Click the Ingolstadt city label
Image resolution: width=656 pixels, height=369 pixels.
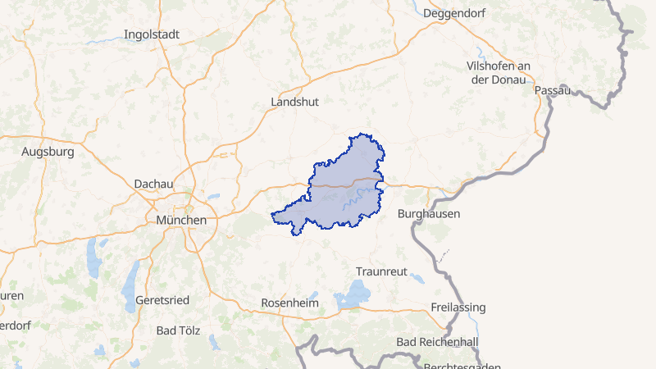[151, 34]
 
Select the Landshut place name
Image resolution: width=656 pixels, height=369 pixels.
[294, 102]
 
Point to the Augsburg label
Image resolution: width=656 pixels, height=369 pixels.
[48, 152]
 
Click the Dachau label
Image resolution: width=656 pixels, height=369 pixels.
[153, 184]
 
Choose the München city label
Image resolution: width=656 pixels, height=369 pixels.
[180, 221]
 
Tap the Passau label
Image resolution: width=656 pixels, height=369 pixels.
[553, 90]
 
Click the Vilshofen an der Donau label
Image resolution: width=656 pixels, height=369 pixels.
[499, 72]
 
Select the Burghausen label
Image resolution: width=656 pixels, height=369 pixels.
[428, 213]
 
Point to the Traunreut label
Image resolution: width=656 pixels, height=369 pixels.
[381, 271]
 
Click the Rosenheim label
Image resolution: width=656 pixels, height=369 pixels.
[289, 303]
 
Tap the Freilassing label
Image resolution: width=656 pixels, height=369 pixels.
[458, 307]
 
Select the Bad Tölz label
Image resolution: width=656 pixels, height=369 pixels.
[177, 330]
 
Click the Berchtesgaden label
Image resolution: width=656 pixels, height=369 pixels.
[462, 365]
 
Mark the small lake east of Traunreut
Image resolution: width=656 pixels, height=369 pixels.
[417, 278]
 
